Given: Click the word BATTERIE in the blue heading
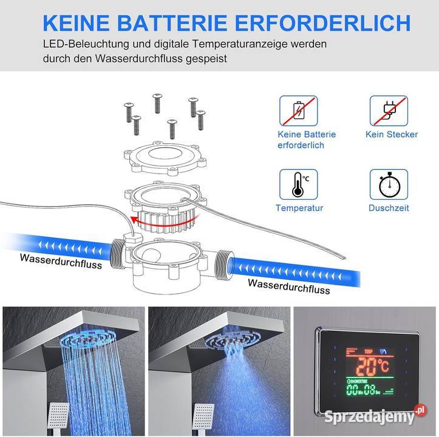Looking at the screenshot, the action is tap(174, 23).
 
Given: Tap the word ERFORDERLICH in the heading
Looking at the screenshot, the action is tap(323, 23).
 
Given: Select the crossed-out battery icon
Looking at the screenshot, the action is tap(299, 111).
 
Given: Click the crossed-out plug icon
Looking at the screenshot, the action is tap(389, 111).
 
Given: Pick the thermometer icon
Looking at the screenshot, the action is tap(299, 185).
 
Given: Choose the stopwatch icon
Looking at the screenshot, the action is tap(389, 185).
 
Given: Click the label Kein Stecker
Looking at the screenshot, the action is tap(392, 134).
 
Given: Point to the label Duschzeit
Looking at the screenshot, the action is tap(389, 208).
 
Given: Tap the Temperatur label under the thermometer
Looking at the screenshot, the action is tap(299, 208).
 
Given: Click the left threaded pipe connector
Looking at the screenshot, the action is tap(118, 254).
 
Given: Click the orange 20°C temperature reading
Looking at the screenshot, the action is tap(370, 366).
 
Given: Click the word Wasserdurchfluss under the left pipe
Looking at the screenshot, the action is tap(61, 261).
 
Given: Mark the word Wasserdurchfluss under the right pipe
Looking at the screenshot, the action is tap(289, 286).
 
